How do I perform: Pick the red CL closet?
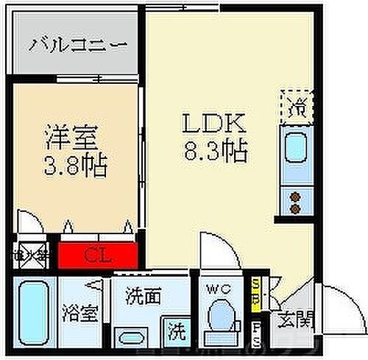pyautogui.click(x=98, y=257)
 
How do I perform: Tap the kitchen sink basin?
pyautogui.click(x=295, y=151)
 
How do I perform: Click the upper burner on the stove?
pyautogui.click(x=296, y=197)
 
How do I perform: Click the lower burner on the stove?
pyautogui.click(x=296, y=208)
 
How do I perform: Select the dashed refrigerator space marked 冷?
pyautogui.click(x=296, y=105)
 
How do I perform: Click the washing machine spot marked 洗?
pyautogui.click(x=176, y=331)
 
